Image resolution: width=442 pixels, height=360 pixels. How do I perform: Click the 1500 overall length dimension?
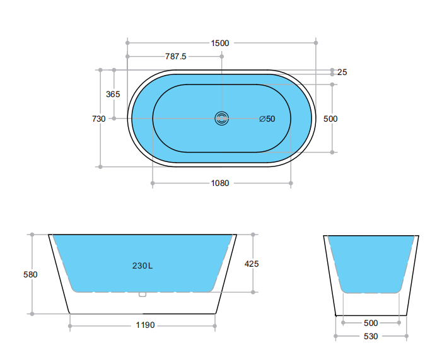point(220,43)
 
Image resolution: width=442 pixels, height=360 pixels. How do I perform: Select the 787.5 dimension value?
point(175,56)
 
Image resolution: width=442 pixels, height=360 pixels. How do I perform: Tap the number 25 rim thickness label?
point(342,72)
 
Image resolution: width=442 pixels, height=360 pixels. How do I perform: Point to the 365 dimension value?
point(113,94)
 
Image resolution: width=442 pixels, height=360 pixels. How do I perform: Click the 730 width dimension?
point(98,119)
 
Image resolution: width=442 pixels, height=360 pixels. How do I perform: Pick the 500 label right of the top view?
point(330,119)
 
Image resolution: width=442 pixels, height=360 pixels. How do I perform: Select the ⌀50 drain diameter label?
point(267,119)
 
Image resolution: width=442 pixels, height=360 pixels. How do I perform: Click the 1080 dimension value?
point(220,183)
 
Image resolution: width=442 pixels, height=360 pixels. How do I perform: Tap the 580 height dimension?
point(30,274)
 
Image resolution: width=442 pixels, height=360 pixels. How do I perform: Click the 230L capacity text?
point(142,265)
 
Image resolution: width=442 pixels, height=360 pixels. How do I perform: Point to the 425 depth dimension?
point(252,264)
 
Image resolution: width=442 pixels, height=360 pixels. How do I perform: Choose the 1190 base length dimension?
point(145,325)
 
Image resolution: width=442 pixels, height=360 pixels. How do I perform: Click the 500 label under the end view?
point(371,323)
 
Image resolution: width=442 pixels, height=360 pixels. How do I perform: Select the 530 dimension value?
point(371,336)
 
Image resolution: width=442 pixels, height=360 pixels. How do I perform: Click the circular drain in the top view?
point(222,118)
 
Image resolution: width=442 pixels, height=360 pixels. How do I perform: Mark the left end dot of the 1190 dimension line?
point(70,326)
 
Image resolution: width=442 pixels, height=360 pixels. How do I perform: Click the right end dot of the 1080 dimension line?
point(291,183)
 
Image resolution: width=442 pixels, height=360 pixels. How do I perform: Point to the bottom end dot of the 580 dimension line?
point(31,313)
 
